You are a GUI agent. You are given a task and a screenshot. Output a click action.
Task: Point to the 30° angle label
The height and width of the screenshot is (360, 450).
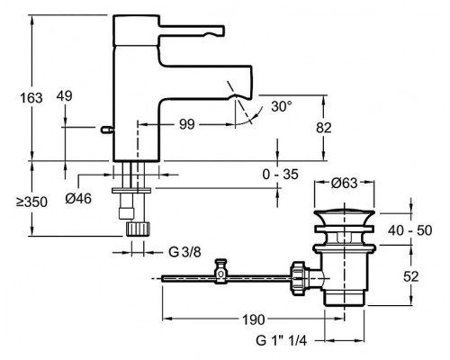point(282,105)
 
